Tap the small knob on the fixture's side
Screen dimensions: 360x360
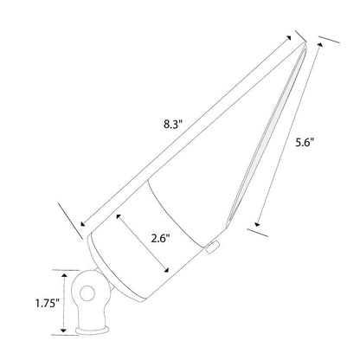[x=213, y=250]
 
